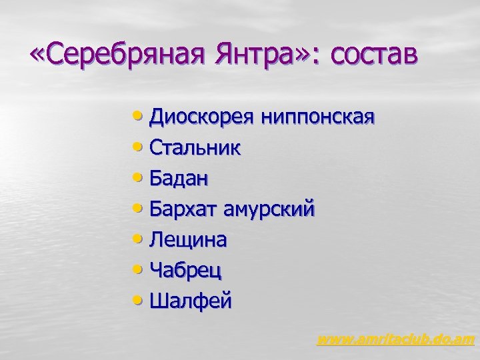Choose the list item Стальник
coord(195,148)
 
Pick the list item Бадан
coord(179,179)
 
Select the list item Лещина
coord(188,240)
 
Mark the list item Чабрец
coord(186,271)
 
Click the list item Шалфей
coord(191,301)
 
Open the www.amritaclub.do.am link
coord(395,340)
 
